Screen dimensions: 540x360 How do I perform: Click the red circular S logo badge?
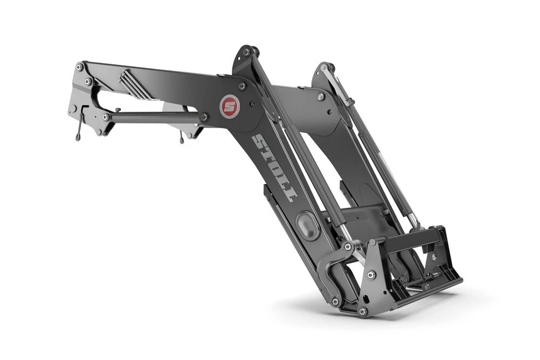tap(228, 107)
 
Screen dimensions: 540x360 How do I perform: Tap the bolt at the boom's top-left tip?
tap(79, 67)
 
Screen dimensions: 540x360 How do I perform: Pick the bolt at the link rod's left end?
tap(105, 117)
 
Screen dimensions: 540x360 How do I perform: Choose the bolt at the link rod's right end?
tap(204, 117)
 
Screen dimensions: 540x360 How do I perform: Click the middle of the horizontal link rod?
tap(155, 117)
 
